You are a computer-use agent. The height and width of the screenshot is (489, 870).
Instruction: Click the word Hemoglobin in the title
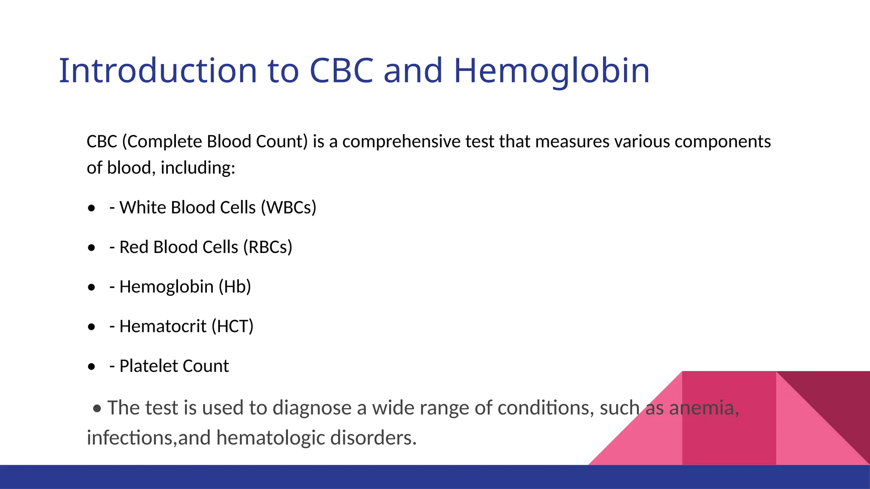coord(551,71)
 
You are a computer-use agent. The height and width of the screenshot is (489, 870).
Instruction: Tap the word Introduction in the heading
coord(158,71)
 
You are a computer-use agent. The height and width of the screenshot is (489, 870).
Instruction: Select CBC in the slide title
coord(341,71)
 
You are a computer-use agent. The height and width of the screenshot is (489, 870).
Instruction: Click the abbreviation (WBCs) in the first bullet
coord(288,208)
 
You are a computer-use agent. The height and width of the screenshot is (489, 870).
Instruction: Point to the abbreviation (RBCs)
coord(268,247)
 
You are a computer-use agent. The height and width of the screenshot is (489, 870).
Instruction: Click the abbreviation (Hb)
coord(234,287)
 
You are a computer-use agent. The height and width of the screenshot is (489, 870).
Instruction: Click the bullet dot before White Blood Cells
coord(91,208)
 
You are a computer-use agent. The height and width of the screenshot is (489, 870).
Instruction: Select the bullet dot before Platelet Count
coord(91,367)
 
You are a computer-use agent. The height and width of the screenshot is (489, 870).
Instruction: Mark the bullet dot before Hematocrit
coord(91,327)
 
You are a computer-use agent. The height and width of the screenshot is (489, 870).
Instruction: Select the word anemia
coord(704,408)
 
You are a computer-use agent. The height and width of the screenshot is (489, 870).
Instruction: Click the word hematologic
coord(270,438)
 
